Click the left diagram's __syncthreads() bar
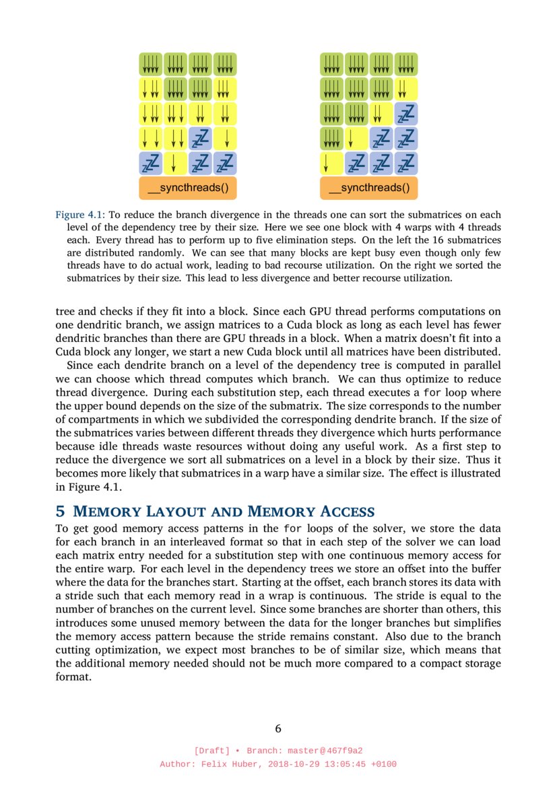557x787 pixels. (x=188, y=188)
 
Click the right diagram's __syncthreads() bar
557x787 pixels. (x=369, y=188)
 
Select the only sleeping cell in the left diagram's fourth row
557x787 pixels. (x=200, y=139)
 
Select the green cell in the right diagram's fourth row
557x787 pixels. (x=332, y=139)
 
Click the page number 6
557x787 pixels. (x=278, y=728)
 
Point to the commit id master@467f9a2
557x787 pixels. (x=331, y=751)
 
